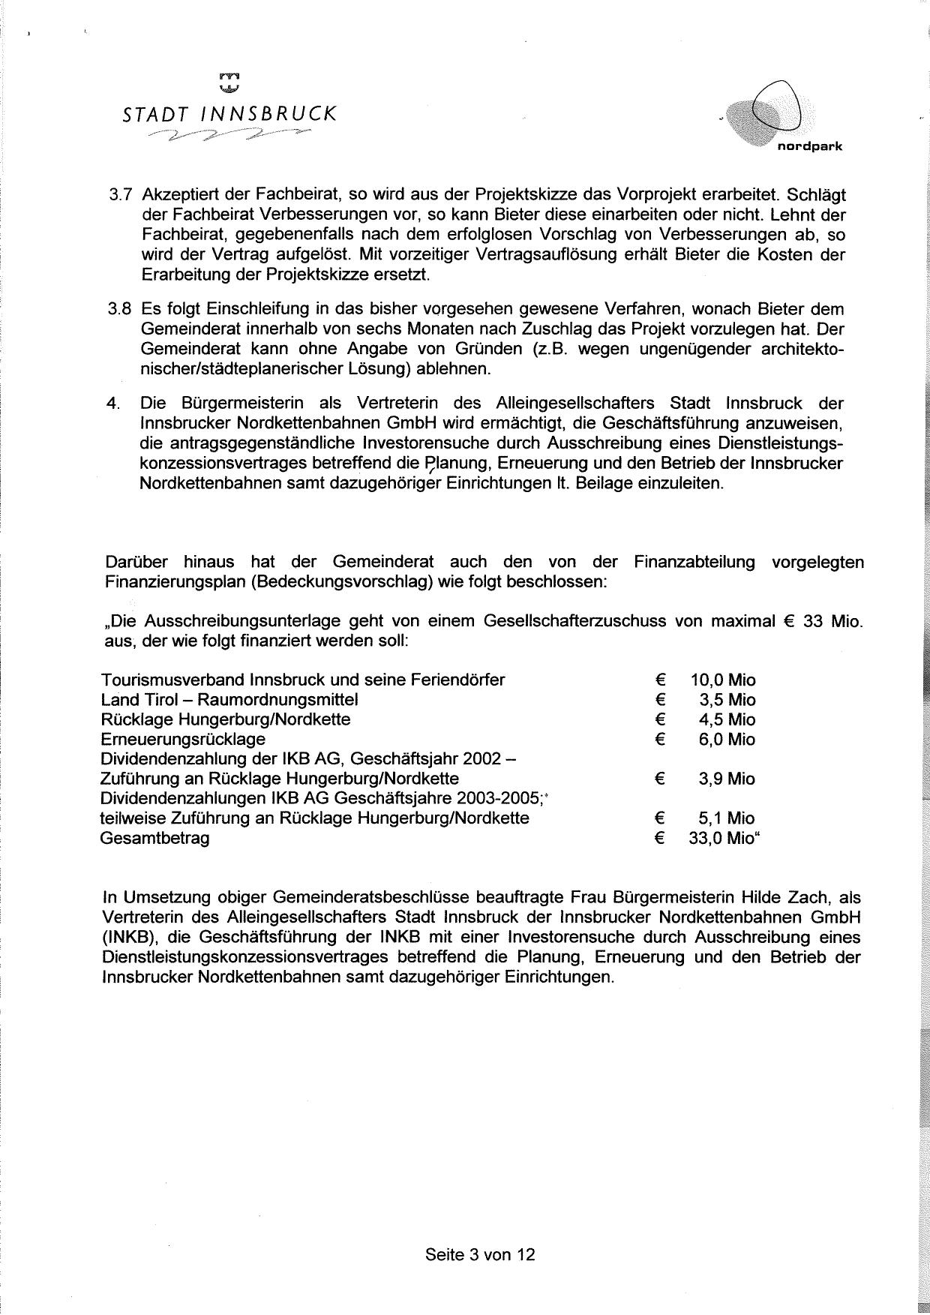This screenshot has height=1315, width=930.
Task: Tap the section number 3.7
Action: (x=121, y=195)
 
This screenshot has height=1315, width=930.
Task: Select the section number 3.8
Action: (x=121, y=309)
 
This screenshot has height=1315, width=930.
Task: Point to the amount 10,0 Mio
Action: (x=723, y=680)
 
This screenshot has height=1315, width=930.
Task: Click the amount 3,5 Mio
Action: (x=727, y=700)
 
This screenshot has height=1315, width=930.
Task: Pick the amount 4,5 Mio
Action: (x=727, y=719)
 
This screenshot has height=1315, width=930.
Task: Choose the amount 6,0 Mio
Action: (x=727, y=739)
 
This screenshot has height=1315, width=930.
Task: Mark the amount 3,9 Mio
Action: (x=727, y=779)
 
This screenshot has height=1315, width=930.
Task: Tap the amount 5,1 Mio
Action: (x=727, y=818)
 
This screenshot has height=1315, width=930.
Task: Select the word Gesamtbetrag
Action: (x=155, y=838)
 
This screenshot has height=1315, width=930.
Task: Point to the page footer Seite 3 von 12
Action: (x=480, y=1253)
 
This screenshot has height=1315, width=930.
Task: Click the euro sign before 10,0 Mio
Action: (x=660, y=680)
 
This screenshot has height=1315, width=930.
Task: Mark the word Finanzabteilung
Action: (x=694, y=562)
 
